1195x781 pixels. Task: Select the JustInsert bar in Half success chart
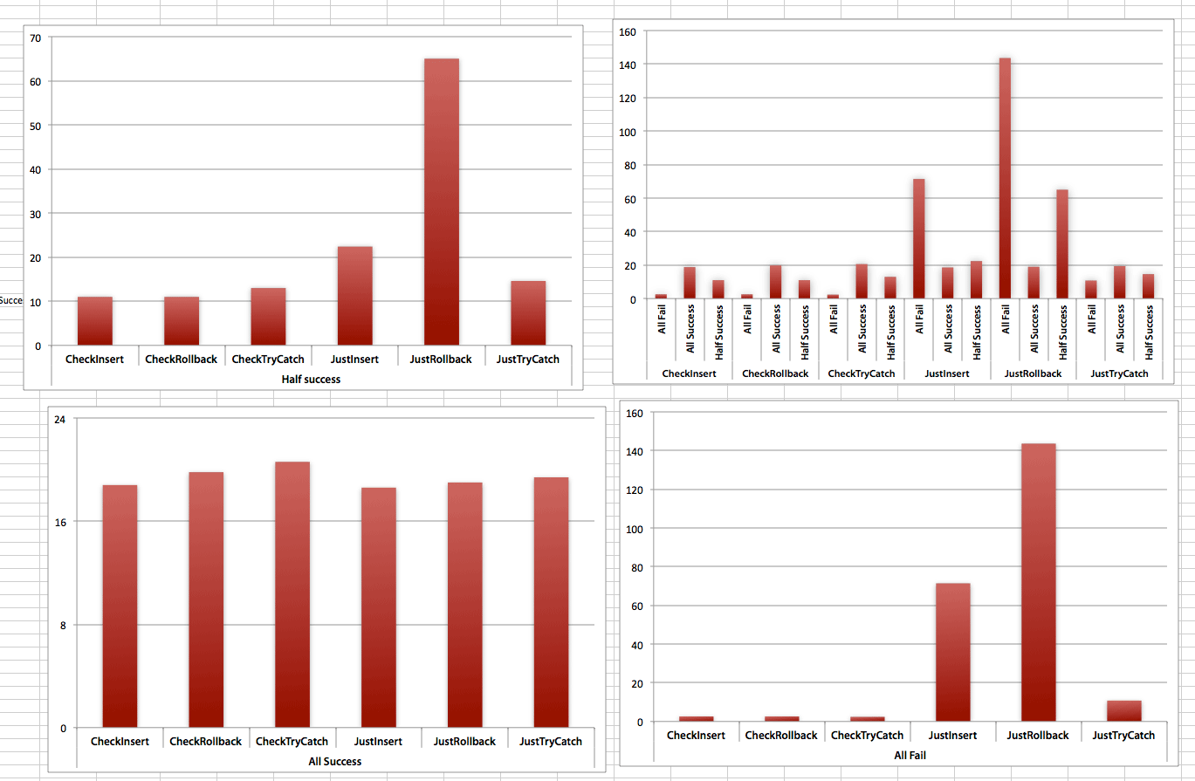(354, 297)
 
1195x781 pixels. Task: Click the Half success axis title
(311, 380)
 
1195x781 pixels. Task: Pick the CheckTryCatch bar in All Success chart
(292, 593)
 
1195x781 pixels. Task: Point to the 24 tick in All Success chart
(59, 419)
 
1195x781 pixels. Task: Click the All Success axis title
(335, 761)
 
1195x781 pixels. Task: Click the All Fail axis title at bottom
(910, 754)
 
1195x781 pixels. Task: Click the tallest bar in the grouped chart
(1005, 179)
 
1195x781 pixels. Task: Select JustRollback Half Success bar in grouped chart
(1061, 244)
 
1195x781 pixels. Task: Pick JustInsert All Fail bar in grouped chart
(918, 239)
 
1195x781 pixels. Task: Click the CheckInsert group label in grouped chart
(689, 373)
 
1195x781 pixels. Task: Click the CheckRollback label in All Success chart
(205, 742)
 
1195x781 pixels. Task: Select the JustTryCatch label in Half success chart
(527, 359)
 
